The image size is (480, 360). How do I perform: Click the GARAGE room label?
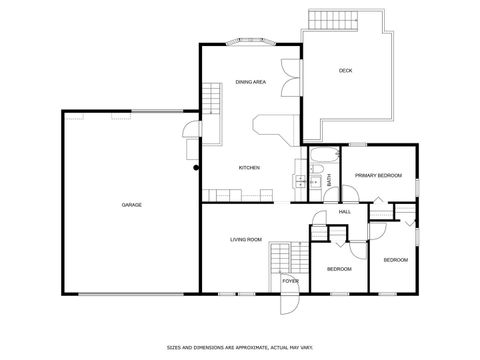click(131, 205)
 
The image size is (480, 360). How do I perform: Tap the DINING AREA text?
click(250, 81)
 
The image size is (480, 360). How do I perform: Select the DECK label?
click(345, 70)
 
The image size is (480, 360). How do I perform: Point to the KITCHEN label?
click(249, 167)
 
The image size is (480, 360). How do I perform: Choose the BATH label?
click(329, 180)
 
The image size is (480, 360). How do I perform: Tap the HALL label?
click(345, 212)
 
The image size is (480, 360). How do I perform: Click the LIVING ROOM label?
click(246, 239)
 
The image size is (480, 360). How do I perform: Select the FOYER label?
click(290, 281)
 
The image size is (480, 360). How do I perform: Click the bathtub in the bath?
click(323, 155)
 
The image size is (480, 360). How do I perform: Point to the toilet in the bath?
click(316, 183)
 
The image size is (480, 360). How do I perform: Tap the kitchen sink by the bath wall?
click(299, 181)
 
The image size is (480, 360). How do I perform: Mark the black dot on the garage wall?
click(196, 168)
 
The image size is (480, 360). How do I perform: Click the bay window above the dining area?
click(251, 42)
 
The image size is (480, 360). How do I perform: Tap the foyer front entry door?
click(289, 301)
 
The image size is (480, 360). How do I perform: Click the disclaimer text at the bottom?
click(240, 346)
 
